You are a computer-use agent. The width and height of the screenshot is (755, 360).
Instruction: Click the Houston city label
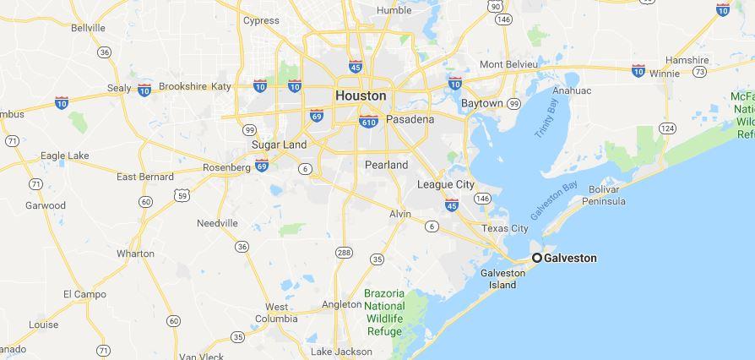click(x=361, y=95)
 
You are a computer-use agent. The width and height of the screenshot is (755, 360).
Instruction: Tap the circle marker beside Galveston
click(x=536, y=258)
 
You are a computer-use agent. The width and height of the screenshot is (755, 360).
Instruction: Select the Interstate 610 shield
click(x=368, y=122)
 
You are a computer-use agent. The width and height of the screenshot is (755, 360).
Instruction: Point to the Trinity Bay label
click(x=546, y=118)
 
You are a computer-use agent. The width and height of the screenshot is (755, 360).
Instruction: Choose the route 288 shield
click(x=344, y=253)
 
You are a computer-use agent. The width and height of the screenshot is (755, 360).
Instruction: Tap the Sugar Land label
click(x=279, y=145)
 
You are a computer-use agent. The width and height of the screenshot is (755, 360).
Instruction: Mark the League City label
click(x=445, y=184)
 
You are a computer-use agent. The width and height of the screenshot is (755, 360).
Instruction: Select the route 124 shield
click(x=667, y=128)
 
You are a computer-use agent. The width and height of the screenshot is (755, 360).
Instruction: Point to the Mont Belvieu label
click(x=514, y=65)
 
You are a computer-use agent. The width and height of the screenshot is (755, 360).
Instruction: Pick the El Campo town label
click(x=84, y=294)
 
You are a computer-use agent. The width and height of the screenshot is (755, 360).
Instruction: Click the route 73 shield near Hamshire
click(x=699, y=72)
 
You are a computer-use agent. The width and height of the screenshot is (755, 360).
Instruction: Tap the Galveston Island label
click(x=502, y=278)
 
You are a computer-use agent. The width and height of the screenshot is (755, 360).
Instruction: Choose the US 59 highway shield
click(x=182, y=195)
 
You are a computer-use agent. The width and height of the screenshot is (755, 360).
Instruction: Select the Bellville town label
click(x=88, y=28)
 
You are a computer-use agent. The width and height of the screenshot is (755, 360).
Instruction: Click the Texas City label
click(x=505, y=228)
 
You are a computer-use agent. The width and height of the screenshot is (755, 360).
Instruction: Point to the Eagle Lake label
click(x=65, y=155)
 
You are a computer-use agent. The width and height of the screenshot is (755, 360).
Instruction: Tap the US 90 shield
click(x=495, y=6)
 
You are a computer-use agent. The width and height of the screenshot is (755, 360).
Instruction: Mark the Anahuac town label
click(x=572, y=90)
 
